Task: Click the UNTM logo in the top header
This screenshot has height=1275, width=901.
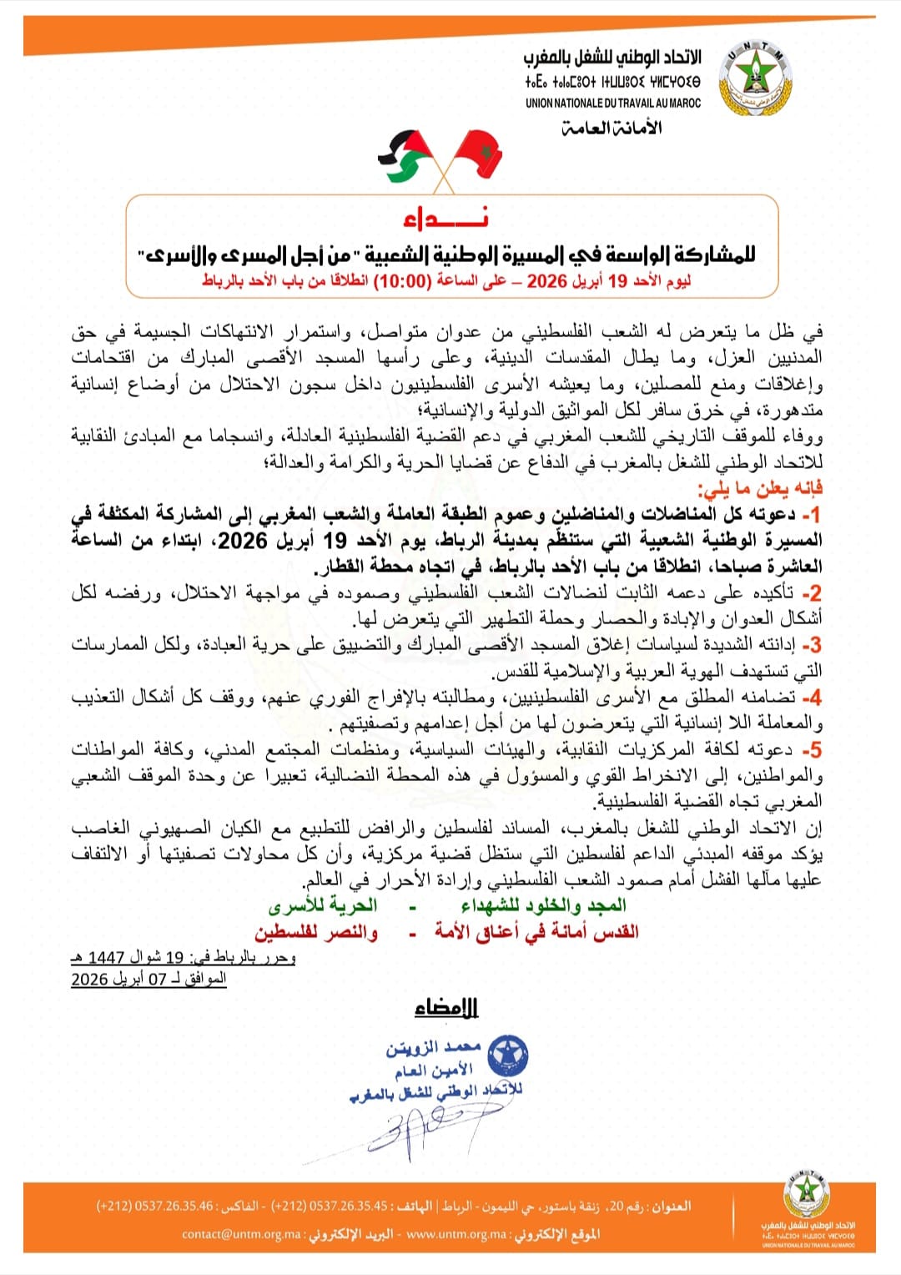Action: coord(755,81)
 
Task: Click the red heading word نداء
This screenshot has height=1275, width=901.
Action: coord(445,218)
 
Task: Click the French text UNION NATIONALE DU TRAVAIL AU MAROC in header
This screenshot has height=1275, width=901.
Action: coord(613,103)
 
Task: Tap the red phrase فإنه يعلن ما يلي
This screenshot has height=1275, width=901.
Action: coord(760,488)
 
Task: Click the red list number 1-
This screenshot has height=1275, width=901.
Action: coord(811,514)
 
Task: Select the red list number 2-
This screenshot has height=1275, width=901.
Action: coord(811,593)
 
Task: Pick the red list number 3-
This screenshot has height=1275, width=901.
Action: coord(811,645)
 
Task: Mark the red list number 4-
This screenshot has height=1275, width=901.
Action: coord(811,697)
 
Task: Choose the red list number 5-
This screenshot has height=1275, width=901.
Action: coord(811,749)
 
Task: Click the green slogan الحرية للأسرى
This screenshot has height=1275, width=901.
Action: coord(323,906)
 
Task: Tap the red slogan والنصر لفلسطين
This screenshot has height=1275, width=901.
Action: coord(316,932)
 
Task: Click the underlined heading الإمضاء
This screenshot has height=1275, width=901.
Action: coord(446,1008)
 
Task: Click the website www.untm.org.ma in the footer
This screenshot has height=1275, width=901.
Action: coord(456,1234)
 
